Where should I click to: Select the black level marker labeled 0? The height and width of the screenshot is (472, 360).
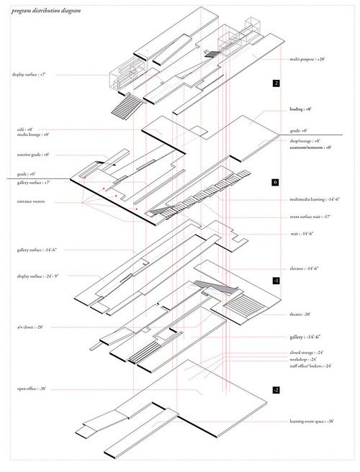coord(276,183)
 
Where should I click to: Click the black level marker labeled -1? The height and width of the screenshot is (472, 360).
coord(276,281)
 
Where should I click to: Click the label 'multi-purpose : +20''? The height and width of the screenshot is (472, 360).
coord(308,60)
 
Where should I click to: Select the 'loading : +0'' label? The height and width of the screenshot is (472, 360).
coord(300,109)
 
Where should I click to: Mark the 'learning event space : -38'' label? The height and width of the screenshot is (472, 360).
coord(312,422)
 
